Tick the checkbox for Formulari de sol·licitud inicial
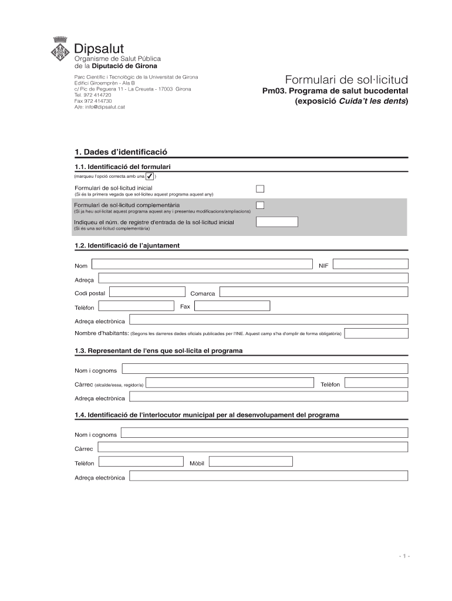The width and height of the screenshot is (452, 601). [x=260, y=188]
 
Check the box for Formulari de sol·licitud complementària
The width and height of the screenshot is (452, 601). [x=260, y=205]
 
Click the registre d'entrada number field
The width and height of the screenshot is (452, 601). [x=278, y=222]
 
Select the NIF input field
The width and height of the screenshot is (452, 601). [x=370, y=264]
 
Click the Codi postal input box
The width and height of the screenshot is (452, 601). [x=147, y=292]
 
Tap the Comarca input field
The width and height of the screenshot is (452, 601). [x=313, y=292]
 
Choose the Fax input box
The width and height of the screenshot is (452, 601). [x=232, y=306]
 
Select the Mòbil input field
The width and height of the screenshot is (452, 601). [x=251, y=461]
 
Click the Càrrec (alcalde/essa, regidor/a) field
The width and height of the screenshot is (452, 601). [x=230, y=383]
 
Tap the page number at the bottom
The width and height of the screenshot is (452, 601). [x=403, y=555]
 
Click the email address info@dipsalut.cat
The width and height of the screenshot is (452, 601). [x=100, y=107]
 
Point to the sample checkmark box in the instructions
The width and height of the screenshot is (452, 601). [x=150, y=176]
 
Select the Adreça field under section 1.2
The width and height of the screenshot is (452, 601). [x=253, y=278]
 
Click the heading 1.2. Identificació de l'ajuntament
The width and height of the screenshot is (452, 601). [x=127, y=245]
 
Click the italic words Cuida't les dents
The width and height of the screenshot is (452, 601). [x=372, y=101]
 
